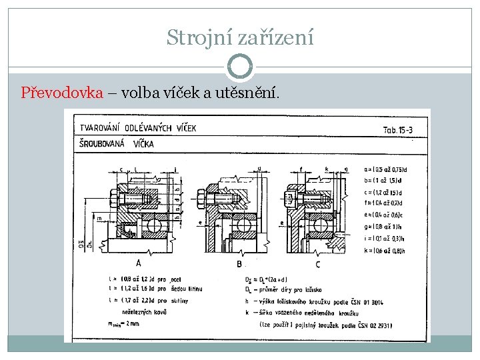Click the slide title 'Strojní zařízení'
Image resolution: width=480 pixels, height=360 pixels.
coord(240,37)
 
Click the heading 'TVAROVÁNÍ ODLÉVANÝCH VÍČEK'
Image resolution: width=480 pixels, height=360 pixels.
coord(139,129)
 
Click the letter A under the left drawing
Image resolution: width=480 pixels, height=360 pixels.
coord(137,263)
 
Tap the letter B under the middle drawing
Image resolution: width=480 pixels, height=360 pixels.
coord(239,264)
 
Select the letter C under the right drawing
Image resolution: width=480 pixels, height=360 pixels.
coord(317,264)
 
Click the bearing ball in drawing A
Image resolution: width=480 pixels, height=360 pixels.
coord(152,224)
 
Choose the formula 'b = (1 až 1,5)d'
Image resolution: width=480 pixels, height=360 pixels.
coord(386,181)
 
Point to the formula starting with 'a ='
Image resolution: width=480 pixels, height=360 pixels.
coord(386,169)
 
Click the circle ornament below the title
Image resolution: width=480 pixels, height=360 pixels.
coord(240,67)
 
